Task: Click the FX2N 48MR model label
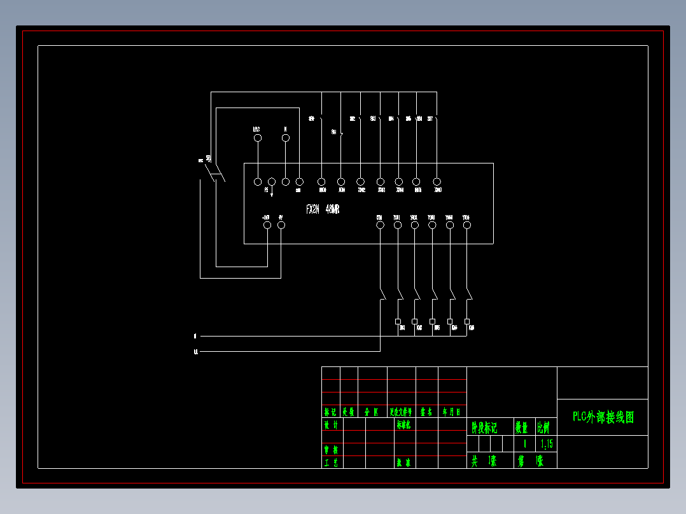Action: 322,209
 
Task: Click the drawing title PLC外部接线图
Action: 603,417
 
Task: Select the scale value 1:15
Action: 546,443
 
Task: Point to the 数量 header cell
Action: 522,427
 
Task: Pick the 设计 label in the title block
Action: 331,425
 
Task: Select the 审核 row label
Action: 331,449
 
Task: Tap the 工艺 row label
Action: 331,462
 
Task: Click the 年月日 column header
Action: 452,412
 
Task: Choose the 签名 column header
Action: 426,412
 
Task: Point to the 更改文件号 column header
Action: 401,412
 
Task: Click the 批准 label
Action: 403,462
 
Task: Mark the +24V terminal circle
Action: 267,225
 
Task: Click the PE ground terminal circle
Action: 272,182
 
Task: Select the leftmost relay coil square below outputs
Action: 398,321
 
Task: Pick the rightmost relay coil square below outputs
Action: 467,321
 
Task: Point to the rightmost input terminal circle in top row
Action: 437,182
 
